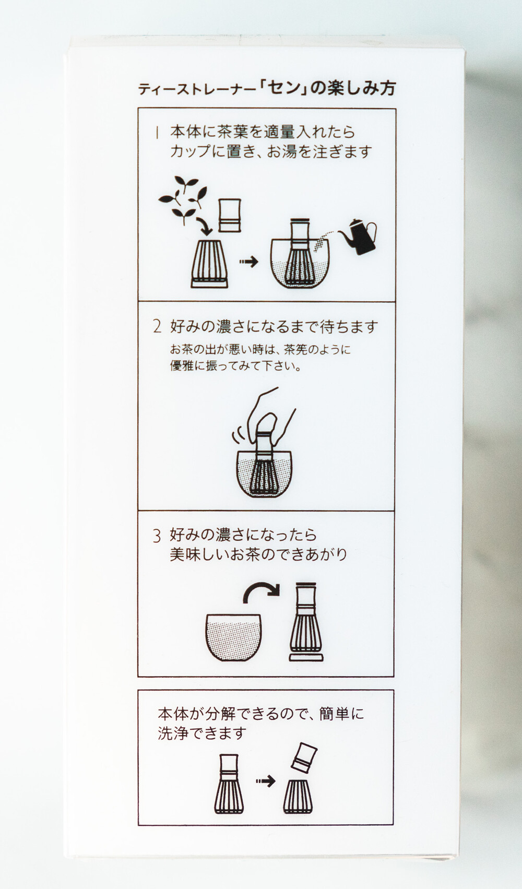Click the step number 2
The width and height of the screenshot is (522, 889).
click(x=158, y=327)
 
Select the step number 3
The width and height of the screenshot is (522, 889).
click(x=157, y=536)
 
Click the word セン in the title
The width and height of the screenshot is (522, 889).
click(x=282, y=88)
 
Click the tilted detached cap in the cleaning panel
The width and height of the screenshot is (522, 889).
click(x=304, y=757)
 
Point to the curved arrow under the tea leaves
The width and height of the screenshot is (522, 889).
click(x=205, y=226)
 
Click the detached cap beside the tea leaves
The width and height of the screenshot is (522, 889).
click(x=230, y=215)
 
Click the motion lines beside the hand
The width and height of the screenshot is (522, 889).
click(x=236, y=437)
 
